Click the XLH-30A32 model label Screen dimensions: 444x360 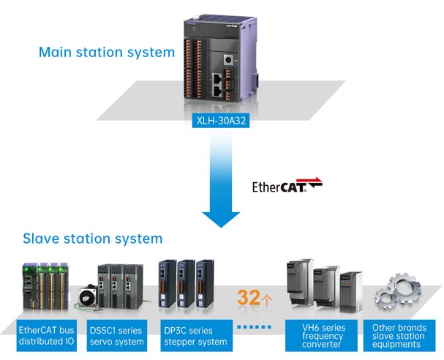pos(221,121)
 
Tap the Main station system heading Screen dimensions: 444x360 pos(107,53)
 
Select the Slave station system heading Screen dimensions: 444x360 pos(93,239)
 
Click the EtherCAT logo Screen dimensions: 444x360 pos(287,186)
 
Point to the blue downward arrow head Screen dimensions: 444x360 pos(221,220)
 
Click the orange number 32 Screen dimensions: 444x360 pos(249,297)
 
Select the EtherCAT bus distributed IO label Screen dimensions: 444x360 pos(46,336)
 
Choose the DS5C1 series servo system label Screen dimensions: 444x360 pos(116,336)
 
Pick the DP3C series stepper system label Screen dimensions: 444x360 pos(196,336)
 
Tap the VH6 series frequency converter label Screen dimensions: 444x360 pos(321,336)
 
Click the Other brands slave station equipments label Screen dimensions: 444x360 pos(399,336)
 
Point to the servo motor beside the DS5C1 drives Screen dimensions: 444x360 pos(88,297)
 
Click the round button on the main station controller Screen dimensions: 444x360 pos(227,60)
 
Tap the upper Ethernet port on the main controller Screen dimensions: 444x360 pos(217,78)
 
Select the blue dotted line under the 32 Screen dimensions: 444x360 pos(254,327)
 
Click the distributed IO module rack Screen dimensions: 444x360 pos(45,286)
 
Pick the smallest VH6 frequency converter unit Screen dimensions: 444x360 pos(350,292)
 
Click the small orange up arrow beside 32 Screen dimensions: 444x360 pos(267,299)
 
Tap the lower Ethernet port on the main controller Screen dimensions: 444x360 pos(217,91)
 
